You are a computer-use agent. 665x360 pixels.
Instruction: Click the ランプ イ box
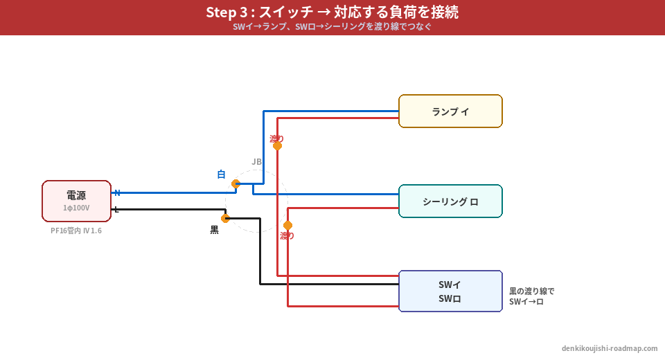(x=450, y=111)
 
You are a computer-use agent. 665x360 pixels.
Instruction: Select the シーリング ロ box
(x=450, y=201)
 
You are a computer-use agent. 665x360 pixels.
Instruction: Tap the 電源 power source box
(x=76, y=201)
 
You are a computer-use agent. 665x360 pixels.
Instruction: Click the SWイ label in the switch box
(x=450, y=284)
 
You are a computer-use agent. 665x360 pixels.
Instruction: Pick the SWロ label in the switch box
(x=450, y=299)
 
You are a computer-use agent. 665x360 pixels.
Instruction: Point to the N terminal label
(x=117, y=193)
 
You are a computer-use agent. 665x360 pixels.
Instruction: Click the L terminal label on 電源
(x=116, y=210)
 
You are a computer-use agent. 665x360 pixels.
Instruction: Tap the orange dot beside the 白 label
(x=236, y=184)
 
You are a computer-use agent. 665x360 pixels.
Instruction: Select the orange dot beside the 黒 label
(x=225, y=219)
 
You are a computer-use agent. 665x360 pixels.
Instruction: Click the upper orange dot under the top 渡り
(x=277, y=146)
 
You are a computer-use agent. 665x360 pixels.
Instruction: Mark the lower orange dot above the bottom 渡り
(x=287, y=226)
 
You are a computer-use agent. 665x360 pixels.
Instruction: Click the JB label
(x=257, y=162)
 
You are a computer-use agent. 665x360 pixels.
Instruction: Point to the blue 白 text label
(x=221, y=174)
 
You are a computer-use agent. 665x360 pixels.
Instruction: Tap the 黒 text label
(x=215, y=230)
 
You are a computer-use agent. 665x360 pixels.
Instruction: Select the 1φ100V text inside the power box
(x=76, y=208)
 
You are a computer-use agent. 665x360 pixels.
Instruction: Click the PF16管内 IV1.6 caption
(x=76, y=231)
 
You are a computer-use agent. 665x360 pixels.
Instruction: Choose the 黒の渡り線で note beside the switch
(x=532, y=291)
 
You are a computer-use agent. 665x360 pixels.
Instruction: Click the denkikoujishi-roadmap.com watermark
(x=610, y=348)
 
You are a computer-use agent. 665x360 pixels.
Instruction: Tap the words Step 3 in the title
(x=228, y=12)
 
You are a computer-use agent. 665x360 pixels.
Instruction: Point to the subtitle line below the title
(x=332, y=27)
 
